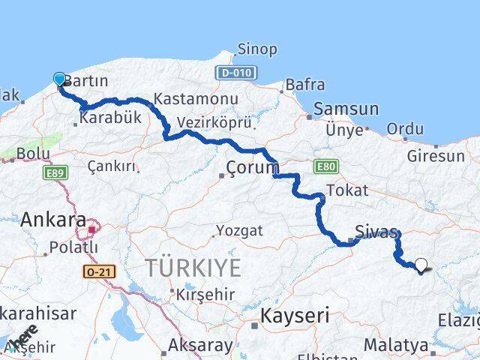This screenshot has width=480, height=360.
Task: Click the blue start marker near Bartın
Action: pos(60,79)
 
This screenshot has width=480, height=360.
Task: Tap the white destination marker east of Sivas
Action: pos(421,265)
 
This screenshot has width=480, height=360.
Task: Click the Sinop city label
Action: pos(256,49)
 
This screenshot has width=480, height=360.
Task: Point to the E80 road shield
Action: pos(325,165)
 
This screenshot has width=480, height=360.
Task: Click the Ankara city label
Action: pos(52,220)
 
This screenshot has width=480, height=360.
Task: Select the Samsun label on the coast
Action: pos(346,109)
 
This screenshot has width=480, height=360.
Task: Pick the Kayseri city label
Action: pos(295,316)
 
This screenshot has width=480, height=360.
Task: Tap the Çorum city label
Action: pos(252,167)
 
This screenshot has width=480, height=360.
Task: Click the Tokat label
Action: pos(349,190)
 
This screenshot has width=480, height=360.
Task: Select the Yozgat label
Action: pos(239,230)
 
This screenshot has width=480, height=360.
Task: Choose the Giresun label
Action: pos(436,157)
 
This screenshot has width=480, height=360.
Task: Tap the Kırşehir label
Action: pos(205,295)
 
